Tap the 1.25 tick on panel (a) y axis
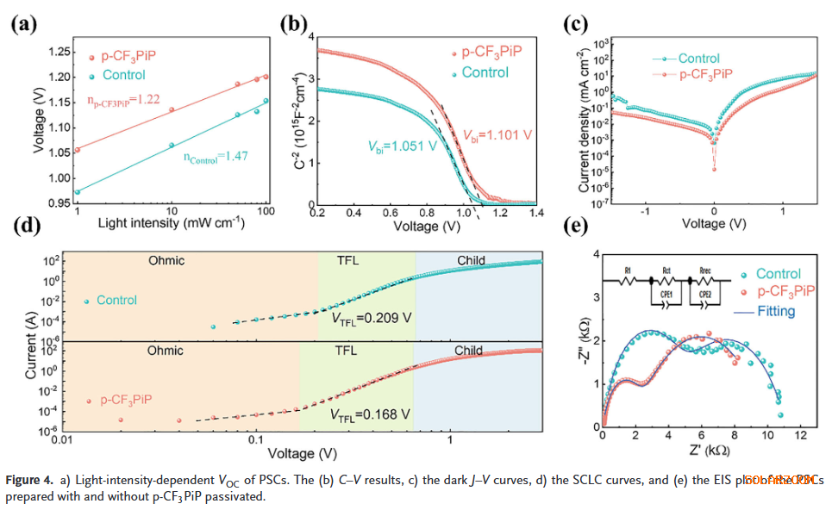click(61, 53)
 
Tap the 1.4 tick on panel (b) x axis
click(535, 213)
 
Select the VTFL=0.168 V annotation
click(370, 414)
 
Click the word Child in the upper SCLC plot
click(471, 260)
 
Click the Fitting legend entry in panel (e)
click(775, 311)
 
